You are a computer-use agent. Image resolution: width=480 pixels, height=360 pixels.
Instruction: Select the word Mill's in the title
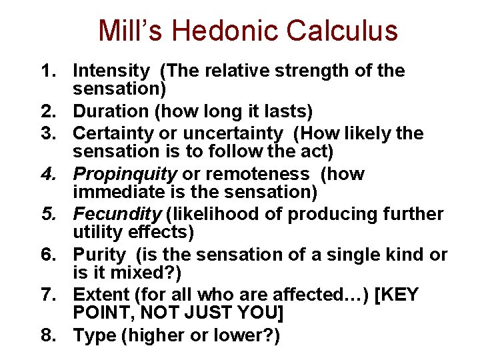130,31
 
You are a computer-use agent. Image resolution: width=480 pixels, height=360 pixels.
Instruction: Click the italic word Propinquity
125,175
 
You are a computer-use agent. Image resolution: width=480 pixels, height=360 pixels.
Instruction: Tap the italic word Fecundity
117,215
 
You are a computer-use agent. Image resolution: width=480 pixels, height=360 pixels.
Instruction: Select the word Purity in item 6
99,255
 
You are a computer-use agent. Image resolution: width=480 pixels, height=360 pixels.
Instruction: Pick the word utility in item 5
97,232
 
